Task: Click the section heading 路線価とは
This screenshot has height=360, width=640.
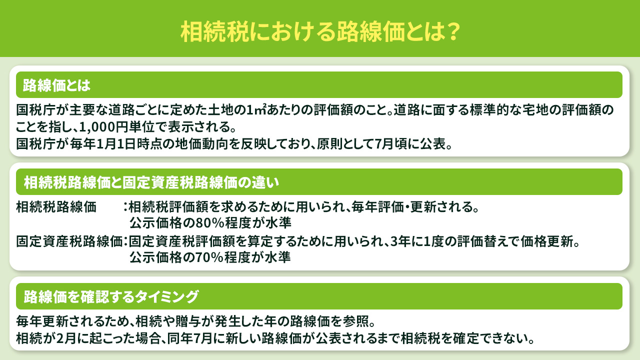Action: tap(56, 85)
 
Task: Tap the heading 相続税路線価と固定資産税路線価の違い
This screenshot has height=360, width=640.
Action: tap(151, 182)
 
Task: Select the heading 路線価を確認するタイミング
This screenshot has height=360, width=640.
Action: tap(111, 297)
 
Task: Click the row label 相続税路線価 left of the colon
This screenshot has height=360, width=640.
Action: tap(56, 206)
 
